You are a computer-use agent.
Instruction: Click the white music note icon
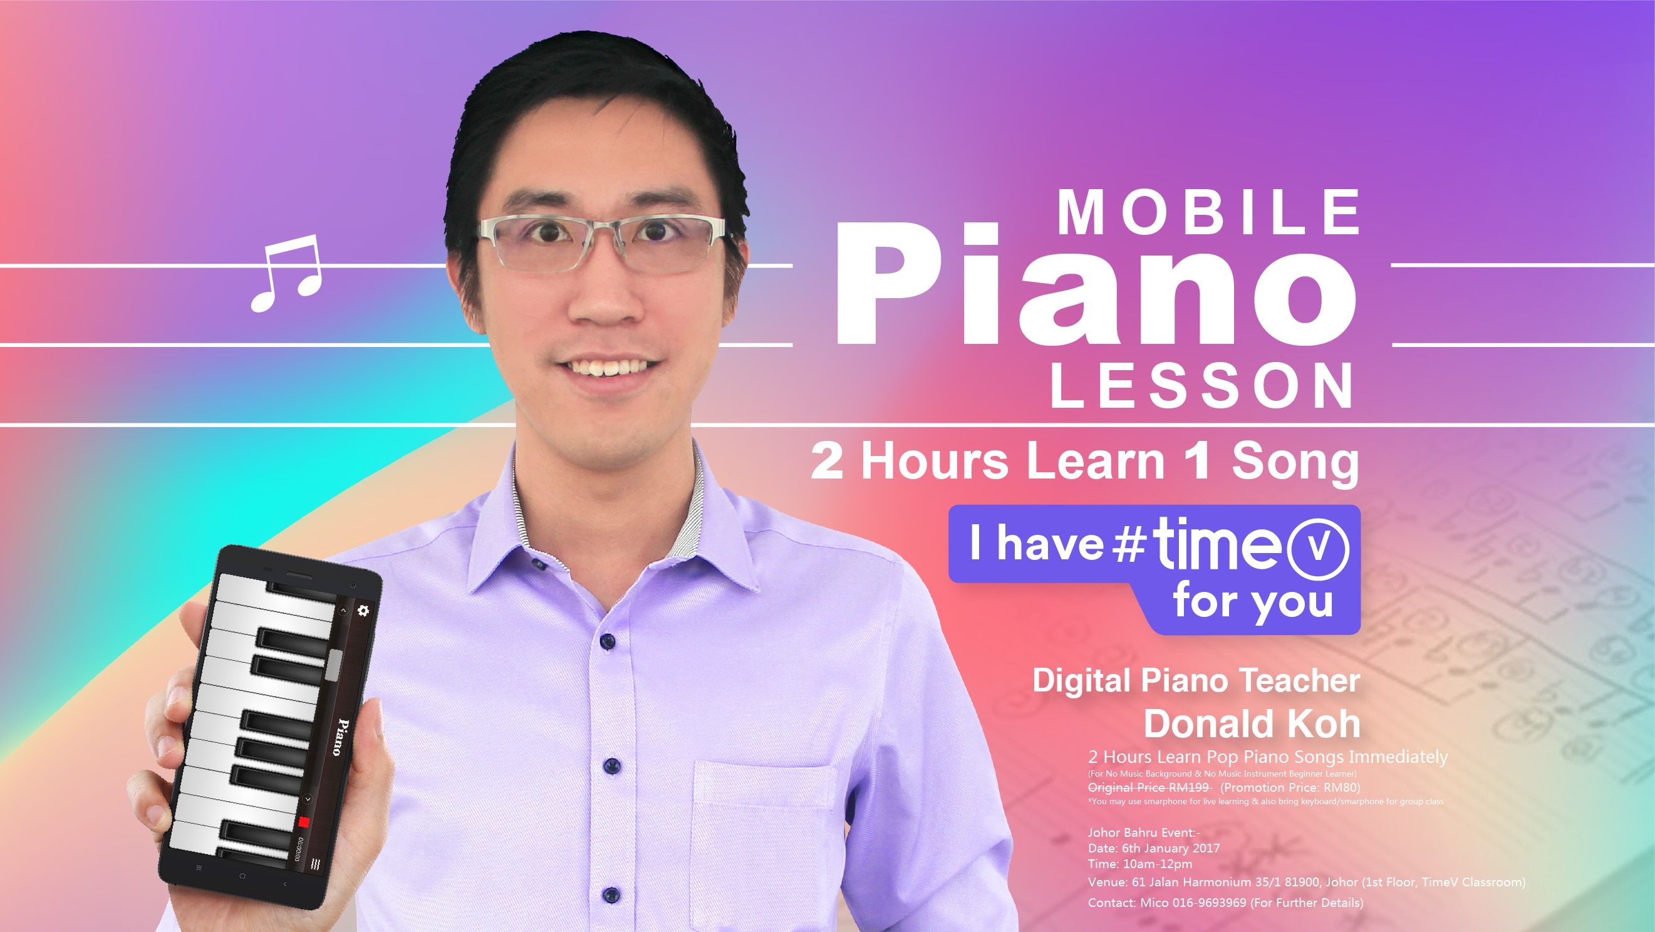pos(286,272)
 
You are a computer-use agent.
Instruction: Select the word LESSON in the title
pos(1201,385)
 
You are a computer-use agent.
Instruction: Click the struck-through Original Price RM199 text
pos(1149,787)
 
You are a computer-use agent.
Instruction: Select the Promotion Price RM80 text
pos(1290,787)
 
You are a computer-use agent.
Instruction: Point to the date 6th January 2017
pos(1171,848)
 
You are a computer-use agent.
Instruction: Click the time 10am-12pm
pos(1158,864)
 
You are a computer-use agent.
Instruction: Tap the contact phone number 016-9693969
pos(1209,903)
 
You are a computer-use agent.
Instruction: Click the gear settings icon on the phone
pos(363,610)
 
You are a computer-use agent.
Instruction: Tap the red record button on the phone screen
pos(304,822)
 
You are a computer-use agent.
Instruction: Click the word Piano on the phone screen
pos(341,737)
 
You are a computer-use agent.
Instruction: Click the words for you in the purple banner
pos(1253,602)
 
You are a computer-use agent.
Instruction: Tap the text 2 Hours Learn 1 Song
pos(1084,461)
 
